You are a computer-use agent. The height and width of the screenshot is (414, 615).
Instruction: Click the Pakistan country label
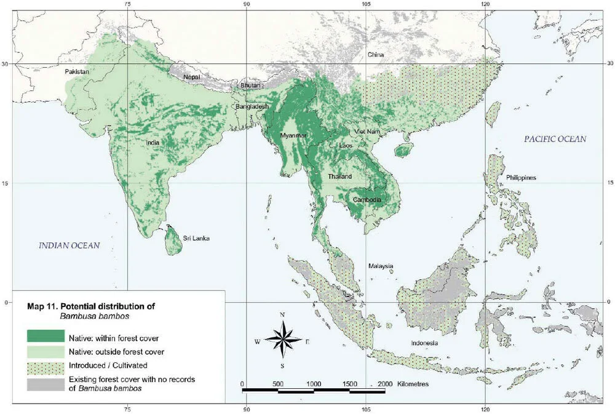(77, 72)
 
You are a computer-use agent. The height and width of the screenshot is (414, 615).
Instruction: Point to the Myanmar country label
(293, 135)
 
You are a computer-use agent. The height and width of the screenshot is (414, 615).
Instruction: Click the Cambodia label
(368, 200)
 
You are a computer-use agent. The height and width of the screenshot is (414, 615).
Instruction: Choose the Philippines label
(521, 178)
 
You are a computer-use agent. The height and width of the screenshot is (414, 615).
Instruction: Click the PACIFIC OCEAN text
(555, 140)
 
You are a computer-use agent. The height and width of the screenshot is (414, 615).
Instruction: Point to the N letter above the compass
(282, 315)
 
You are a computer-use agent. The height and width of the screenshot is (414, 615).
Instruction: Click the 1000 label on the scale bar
(314, 383)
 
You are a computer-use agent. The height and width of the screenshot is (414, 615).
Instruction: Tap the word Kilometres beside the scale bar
(406, 383)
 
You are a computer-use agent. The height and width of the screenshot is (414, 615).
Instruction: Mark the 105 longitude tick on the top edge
(366, 6)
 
